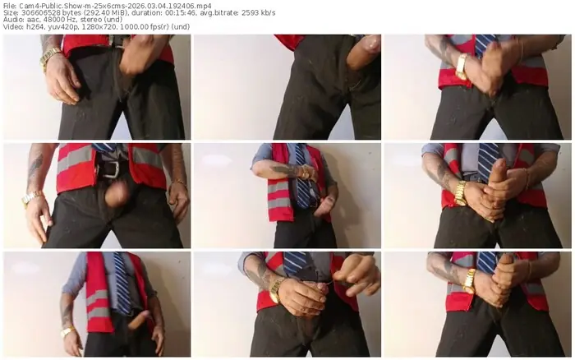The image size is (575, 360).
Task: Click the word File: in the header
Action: tap(10, 6)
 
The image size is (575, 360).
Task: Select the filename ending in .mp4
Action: tap(114, 6)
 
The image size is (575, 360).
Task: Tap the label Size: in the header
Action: tap(11, 13)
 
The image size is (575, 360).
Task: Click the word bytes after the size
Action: tap(82, 13)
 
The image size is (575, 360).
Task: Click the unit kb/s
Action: tap(300, 13)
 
